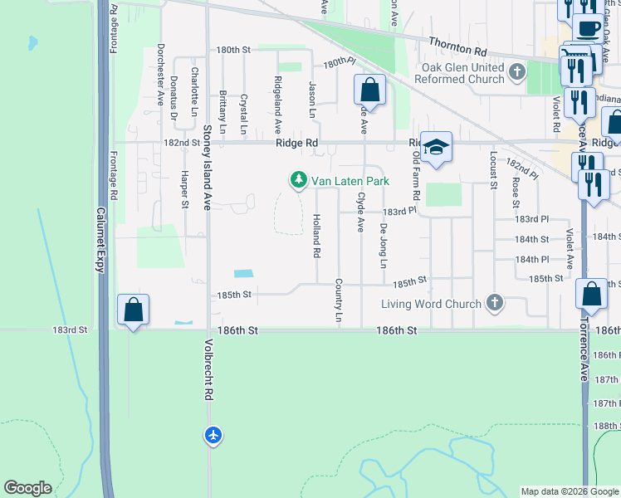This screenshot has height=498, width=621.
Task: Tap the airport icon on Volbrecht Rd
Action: pyautogui.click(x=214, y=434)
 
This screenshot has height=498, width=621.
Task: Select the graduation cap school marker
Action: pyautogui.click(x=436, y=148)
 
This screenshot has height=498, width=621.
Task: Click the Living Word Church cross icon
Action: pyautogui.click(x=496, y=303)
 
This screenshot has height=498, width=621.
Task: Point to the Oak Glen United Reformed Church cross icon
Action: pyautogui.click(x=517, y=72)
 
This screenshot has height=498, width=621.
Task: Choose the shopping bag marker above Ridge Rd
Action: pyautogui.click(x=369, y=90)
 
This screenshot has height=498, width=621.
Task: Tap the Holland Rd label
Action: pyautogui.click(x=316, y=234)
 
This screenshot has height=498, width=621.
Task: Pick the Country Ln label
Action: pyautogui.click(x=339, y=300)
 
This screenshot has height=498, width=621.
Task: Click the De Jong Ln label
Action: pyautogui.click(x=384, y=246)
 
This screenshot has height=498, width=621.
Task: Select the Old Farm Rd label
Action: pyautogui.click(x=416, y=181)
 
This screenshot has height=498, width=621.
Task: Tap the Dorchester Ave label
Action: pyautogui.click(x=161, y=75)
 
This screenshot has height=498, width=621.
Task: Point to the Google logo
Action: pyautogui.click(x=28, y=488)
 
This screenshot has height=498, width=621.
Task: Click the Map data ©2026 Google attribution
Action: pyautogui.click(x=569, y=491)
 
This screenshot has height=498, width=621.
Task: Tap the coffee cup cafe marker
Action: pyautogui.click(x=589, y=27)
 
